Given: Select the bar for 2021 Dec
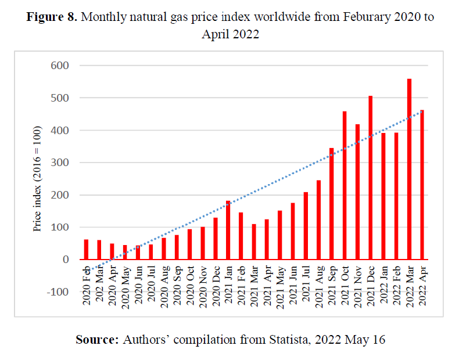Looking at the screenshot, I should pyautogui.click(x=370, y=178).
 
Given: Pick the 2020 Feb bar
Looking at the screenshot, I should pyautogui.click(x=86, y=250).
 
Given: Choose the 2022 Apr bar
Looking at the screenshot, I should pyautogui.click(x=422, y=185).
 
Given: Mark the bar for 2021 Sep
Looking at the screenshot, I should pyautogui.click(x=332, y=204).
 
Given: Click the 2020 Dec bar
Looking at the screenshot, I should pyautogui.click(x=215, y=239).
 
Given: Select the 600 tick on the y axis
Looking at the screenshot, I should pyautogui.click(x=61, y=66).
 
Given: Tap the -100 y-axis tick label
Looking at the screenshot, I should pyautogui.click(x=59, y=292).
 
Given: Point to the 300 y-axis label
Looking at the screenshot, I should pyautogui.click(x=61, y=163).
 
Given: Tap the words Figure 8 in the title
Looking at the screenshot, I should pyautogui.click(x=52, y=16).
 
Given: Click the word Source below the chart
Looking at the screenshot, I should pyautogui.click(x=96, y=340).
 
